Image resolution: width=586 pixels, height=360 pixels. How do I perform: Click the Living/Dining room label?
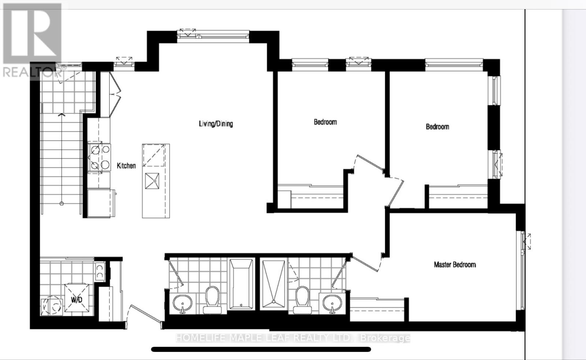(x=216, y=124)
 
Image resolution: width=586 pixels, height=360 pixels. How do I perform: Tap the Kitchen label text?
(x=126, y=166)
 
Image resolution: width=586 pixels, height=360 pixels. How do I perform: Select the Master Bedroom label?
(x=455, y=264)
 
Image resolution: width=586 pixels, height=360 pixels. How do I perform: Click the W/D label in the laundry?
(x=77, y=300)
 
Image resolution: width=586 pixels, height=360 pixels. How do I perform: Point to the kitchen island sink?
(x=152, y=181)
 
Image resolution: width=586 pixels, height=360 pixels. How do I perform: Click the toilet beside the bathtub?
(x=212, y=299)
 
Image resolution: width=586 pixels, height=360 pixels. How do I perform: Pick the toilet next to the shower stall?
(x=303, y=299)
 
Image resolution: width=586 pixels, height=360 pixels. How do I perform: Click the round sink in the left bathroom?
(x=182, y=304)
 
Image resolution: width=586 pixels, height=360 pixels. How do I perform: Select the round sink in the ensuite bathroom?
(x=332, y=304)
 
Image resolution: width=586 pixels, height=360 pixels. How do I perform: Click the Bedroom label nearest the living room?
(x=325, y=122)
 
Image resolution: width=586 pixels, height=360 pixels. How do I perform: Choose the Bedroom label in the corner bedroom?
(x=437, y=127)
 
